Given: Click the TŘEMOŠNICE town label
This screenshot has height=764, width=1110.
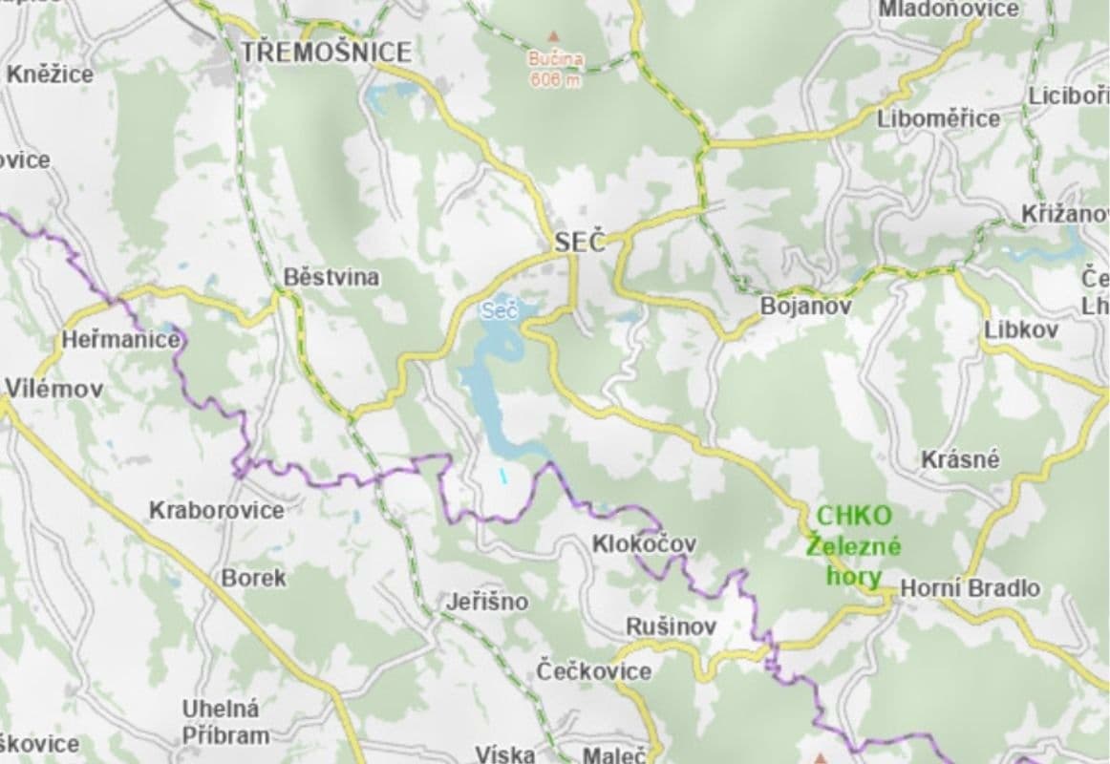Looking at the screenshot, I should click(x=326, y=52).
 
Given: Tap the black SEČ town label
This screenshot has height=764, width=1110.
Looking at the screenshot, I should click(x=580, y=243).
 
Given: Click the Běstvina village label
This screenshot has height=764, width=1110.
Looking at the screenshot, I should click(x=331, y=278).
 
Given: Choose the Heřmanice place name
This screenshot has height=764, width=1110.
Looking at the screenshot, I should click(x=120, y=339).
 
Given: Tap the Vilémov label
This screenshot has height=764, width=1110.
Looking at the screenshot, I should click(x=54, y=388).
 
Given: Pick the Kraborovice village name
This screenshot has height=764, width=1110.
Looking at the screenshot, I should click(x=217, y=510).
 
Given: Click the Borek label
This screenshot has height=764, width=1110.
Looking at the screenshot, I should click(x=253, y=578).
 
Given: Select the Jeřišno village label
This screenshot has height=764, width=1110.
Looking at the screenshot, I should click(x=487, y=604).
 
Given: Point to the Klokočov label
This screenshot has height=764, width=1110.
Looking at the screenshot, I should click(x=644, y=544).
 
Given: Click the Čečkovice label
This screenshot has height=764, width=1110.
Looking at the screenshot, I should click(x=594, y=670).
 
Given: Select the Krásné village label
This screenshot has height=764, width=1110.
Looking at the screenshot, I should click(x=960, y=459).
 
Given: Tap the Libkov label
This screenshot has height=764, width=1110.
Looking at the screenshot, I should click(x=1021, y=329).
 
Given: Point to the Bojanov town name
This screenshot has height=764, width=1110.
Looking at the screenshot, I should click(x=805, y=307).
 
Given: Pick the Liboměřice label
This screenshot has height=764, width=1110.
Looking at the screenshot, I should click(x=939, y=118).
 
